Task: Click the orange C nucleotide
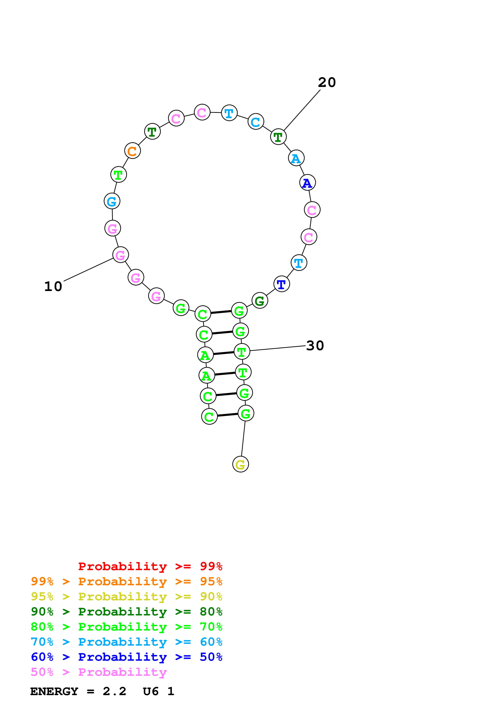click(132, 151)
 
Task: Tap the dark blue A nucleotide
click(307, 183)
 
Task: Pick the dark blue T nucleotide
click(281, 284)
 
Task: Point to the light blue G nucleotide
click(112, 201)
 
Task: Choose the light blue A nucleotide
click(296, 158)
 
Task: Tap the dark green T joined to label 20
click(278, 137)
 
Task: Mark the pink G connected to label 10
click(121, 255)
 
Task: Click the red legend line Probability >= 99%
click(150, 566)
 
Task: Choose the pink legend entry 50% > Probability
click(98, 672)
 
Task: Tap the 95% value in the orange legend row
click(211, 581)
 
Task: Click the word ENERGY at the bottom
click(54, 692)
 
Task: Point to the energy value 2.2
click(114, 692)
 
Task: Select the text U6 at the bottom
click(151, 692)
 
